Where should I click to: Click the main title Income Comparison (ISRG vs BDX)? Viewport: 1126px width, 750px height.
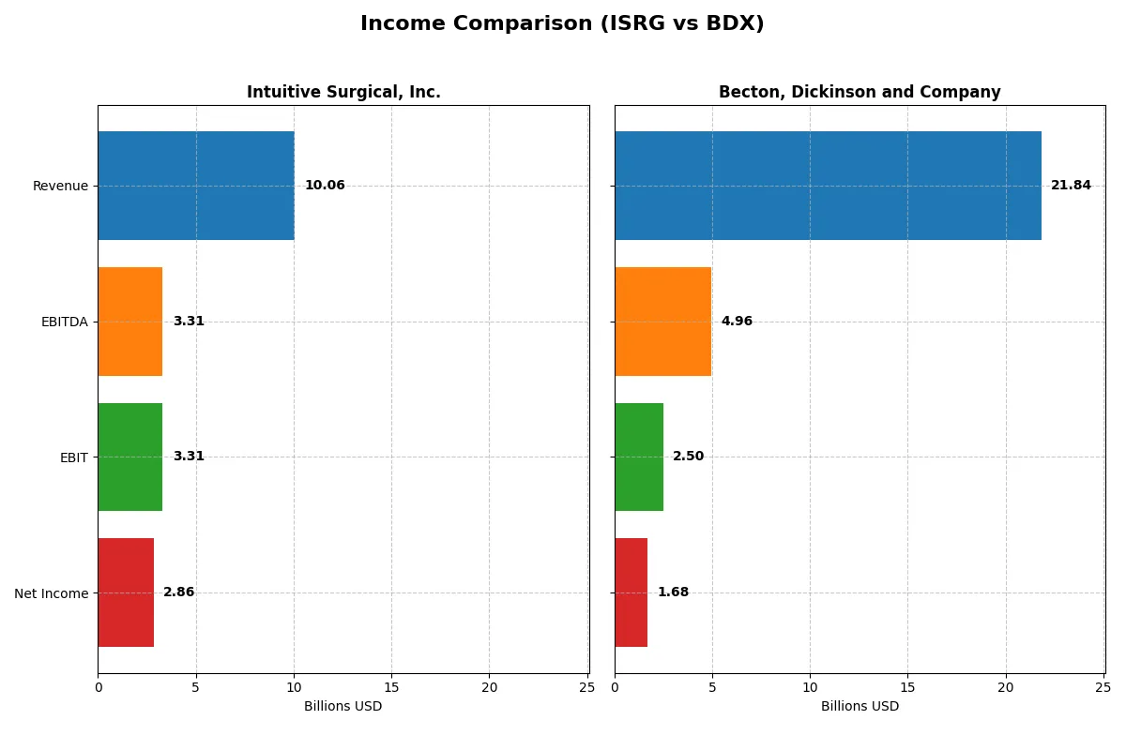pos(562,24)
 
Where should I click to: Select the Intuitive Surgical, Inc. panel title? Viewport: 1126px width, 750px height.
pos(343,92)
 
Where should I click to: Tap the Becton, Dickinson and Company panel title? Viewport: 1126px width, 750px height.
pos(860,92)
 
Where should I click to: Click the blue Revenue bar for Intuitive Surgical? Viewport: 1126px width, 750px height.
pos(196,186)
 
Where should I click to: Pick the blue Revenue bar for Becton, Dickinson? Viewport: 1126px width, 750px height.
pos(828,186)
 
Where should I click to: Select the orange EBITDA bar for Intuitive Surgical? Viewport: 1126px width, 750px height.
pos(130,322)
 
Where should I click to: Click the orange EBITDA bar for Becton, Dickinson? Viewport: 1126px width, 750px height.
pos(662,322)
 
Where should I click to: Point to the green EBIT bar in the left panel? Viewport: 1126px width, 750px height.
pos(130,457)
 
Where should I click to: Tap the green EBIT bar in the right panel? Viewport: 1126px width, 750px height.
pos(639,457)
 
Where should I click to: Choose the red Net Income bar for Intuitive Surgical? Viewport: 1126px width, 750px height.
pos(126,592)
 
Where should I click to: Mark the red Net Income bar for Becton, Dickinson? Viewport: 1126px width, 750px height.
pos(631,592)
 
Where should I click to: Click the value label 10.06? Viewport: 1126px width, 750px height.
pos(325,186)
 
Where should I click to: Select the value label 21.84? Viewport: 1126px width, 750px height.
pos(1071,186)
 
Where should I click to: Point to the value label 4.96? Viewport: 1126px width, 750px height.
pos(737,322)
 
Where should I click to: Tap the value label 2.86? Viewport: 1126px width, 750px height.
pos(179,592)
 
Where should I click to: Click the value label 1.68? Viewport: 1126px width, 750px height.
pos(673,592)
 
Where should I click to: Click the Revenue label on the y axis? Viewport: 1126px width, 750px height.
pos(60,186)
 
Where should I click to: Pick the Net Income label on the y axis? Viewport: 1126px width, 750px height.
pos(52,593)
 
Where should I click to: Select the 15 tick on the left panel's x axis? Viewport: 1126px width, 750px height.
pos(391,688)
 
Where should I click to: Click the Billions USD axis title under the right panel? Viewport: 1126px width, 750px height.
pos(860,707)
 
